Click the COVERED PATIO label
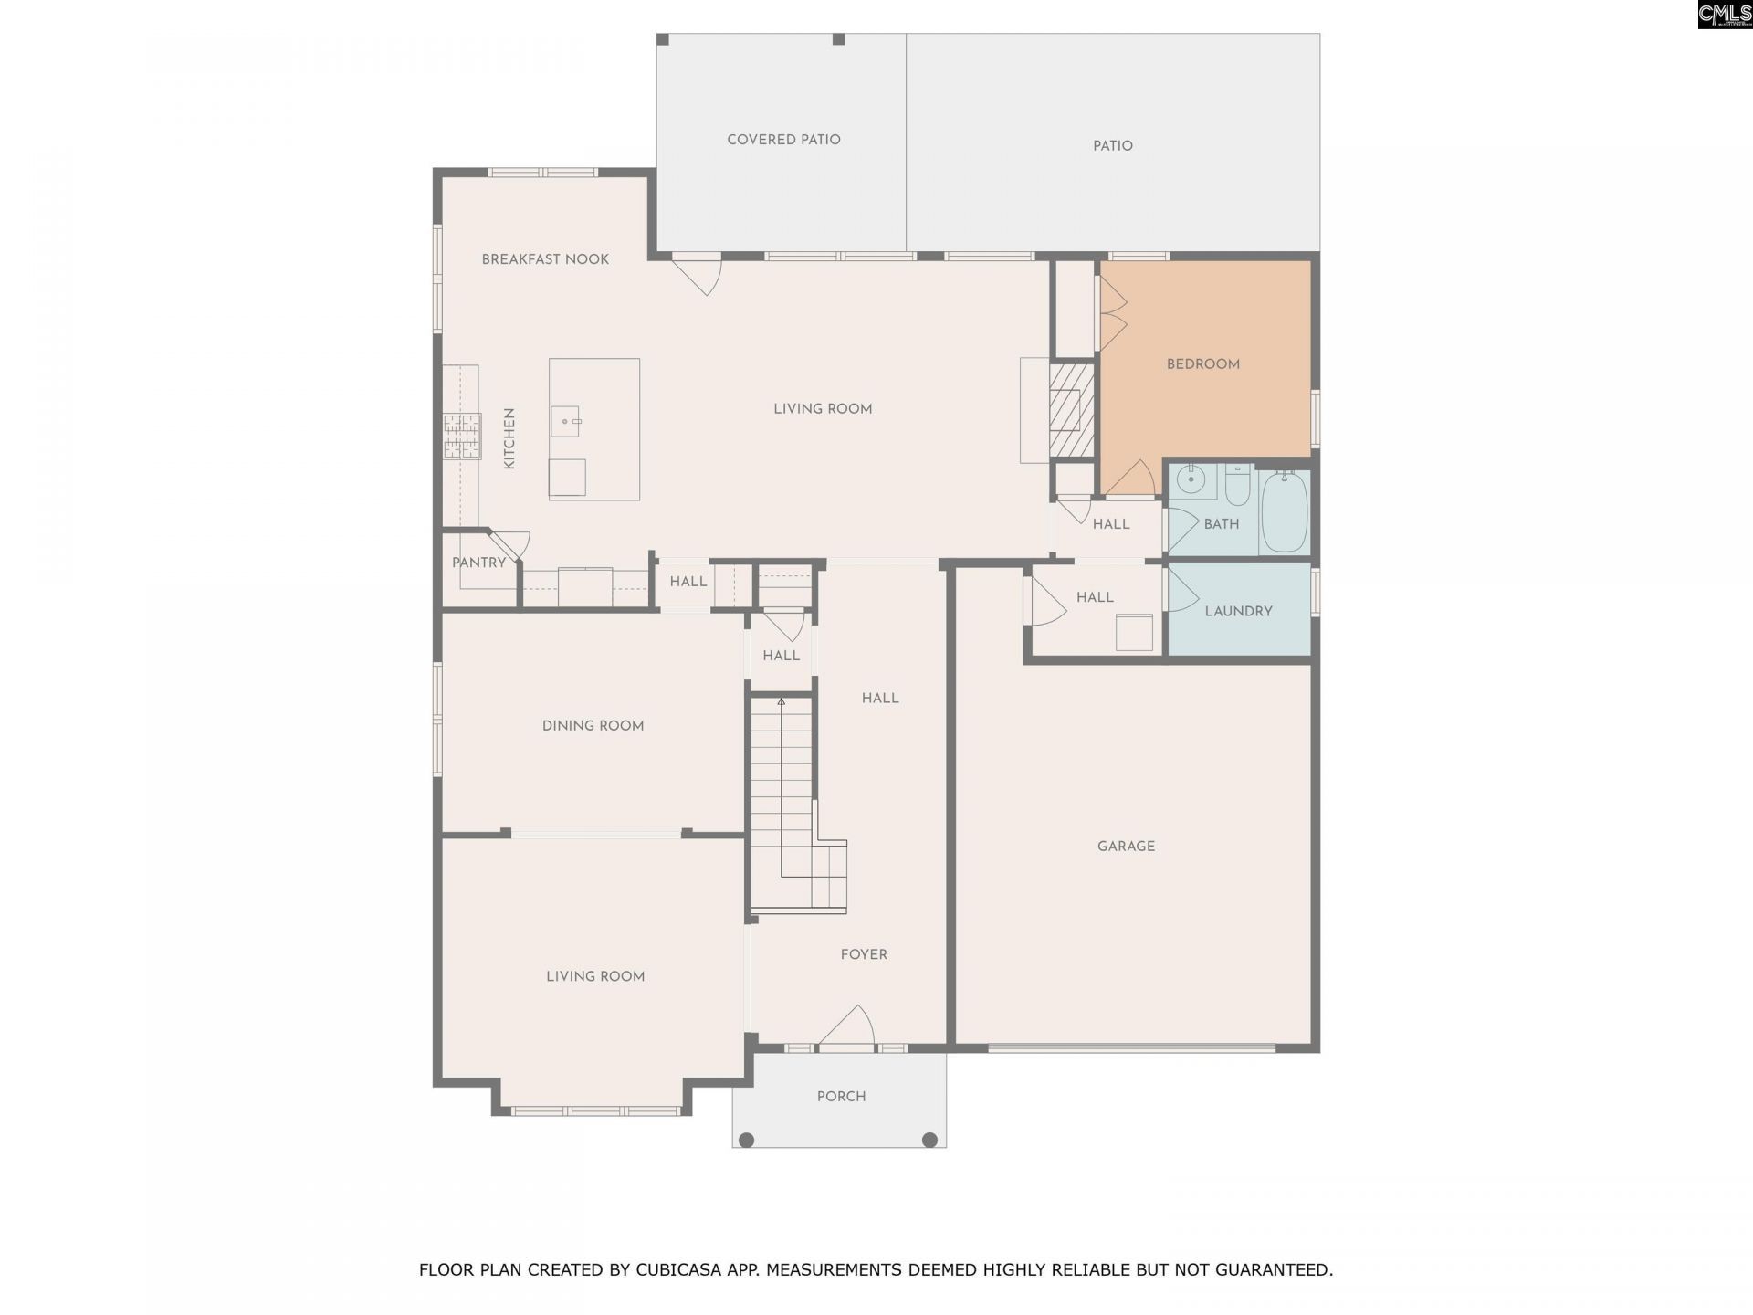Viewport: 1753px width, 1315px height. click(783, 140)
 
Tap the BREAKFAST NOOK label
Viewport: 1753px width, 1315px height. click(545, 259)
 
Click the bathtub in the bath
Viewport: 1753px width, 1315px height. click(1285, 512)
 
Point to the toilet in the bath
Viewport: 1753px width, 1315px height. click(1237, 486)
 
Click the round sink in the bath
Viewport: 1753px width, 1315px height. click(1191, 479)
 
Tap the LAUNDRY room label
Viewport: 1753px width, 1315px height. click(1238, 611)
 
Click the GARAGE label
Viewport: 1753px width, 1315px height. click(1126, 847)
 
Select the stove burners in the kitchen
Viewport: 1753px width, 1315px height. click(462, 436)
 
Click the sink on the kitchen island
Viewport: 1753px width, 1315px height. click(565, 422)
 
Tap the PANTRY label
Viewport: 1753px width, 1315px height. click(478, 563)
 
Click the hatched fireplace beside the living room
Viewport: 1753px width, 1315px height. click(1071, 410)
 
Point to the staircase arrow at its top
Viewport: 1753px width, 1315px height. click(781, 701)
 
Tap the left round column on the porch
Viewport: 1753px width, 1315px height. click(746, 1140)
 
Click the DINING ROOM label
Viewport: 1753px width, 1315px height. click(593, 726)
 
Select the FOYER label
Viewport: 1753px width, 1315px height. click(864, 954)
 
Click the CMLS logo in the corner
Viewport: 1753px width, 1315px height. click(1724, 14)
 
